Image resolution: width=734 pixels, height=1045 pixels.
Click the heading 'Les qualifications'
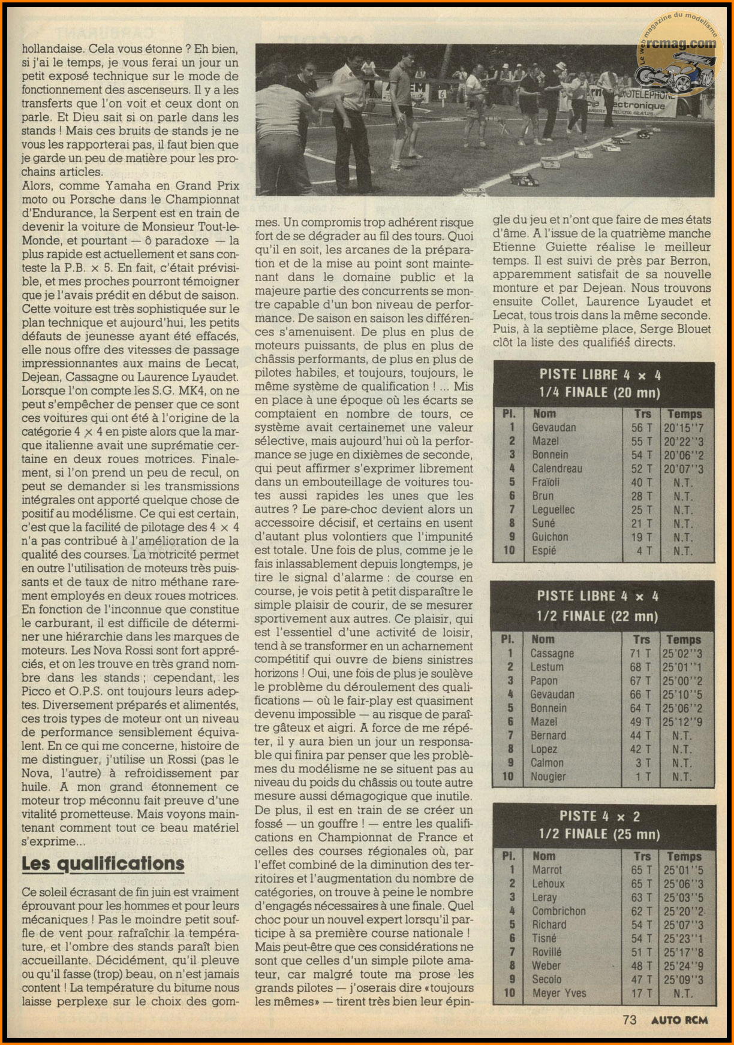[x=103, y=863]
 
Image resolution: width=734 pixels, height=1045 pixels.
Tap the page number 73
[x=629, y=1019]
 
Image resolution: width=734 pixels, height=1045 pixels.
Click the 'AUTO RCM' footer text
[x=679, y=1020]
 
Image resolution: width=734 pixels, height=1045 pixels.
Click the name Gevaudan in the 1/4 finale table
[x=553, y=428]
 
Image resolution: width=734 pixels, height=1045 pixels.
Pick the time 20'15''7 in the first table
[x=684, y=428]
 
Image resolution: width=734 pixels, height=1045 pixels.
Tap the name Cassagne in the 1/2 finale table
[x=552, y=654]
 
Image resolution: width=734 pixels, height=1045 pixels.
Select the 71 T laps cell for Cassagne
[x=640, y=654]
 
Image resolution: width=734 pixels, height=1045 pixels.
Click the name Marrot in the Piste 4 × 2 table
[x=547, y=870]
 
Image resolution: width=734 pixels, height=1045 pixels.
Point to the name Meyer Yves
[x=559, y=993]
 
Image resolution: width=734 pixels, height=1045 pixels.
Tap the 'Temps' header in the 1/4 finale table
[x=684, y=414]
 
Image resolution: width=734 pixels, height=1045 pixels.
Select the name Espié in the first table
[x=544, y=551]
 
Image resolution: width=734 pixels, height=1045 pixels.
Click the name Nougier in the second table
[x=548, y=777]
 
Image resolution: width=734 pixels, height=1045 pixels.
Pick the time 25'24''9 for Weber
[x=683, y=966]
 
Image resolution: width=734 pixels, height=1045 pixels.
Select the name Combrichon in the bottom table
[x=558, y=911]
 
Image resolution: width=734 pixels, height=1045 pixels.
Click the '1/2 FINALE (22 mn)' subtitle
[x=597, y=617]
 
